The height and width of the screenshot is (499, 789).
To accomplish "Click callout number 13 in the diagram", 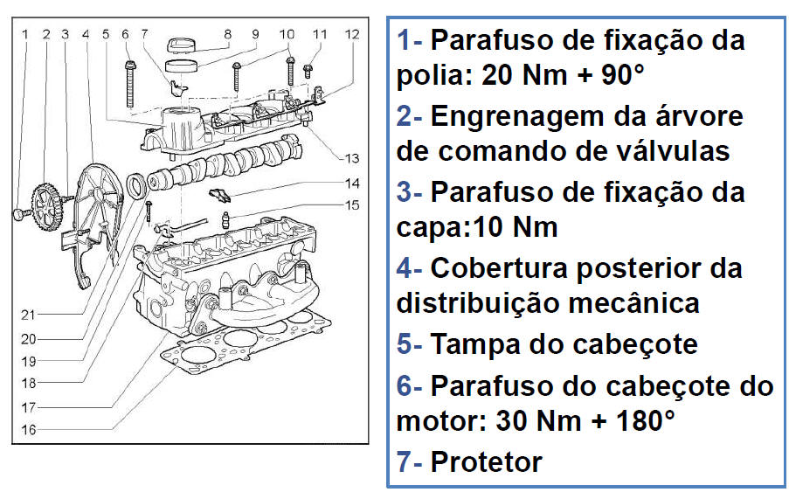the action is coord(352,158).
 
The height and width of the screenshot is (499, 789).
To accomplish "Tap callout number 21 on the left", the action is coord(28,315).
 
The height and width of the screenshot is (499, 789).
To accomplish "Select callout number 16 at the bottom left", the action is coord(28,430).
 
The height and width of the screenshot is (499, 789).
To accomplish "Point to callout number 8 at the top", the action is coord(227,34).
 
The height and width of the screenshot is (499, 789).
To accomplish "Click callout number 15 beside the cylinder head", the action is coord(352,204).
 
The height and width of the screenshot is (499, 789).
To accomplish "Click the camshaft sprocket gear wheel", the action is coord(47,206).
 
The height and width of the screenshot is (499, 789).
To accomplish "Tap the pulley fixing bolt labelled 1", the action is coord(19,215).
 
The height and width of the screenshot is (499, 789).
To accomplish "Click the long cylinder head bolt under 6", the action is coord(130,84).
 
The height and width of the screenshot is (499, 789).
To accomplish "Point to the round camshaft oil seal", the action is coord(136,185).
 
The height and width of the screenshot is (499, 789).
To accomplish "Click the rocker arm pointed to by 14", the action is coord(220,194).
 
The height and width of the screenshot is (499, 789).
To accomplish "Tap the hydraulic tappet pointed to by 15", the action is coord(225,220).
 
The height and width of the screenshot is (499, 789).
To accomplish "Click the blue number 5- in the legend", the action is coord(409,344).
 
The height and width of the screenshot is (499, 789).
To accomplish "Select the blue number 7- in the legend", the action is coord(409,461).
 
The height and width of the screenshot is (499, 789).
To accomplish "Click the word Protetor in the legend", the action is coord(486,461).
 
